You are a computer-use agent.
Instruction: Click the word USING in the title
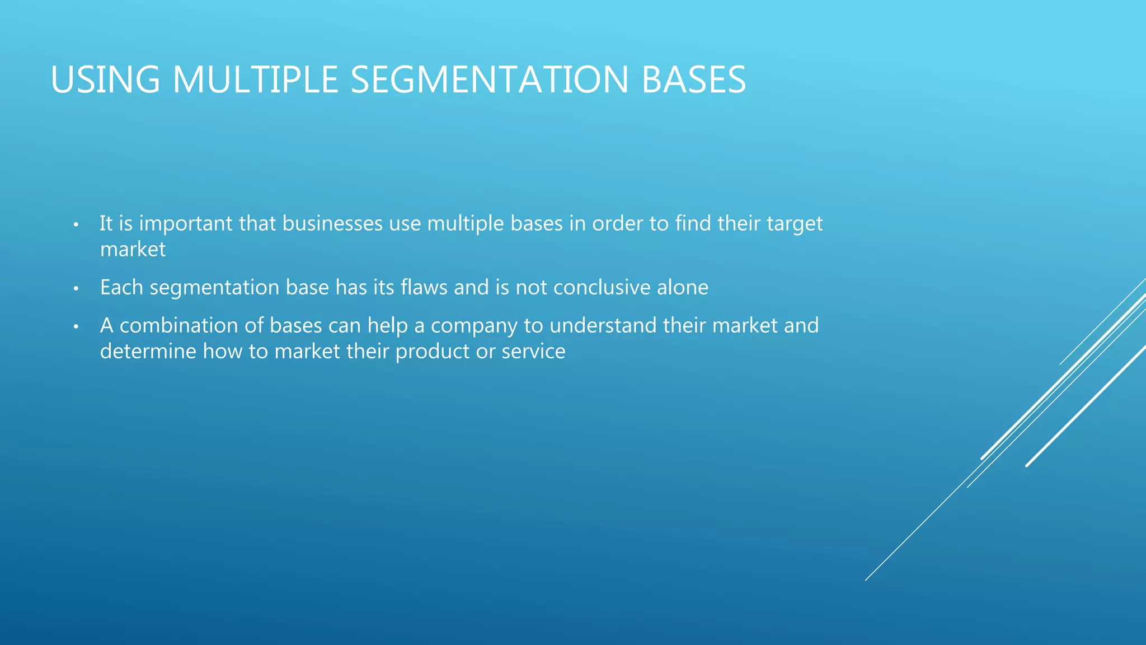click(105, 80)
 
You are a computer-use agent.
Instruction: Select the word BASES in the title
click(693, 80)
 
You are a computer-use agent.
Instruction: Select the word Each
click(121, 287)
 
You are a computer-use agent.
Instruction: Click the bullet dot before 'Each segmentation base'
click(76, 289)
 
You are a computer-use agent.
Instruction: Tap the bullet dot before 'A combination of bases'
click(76, 327)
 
